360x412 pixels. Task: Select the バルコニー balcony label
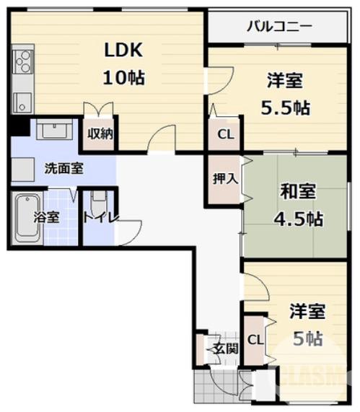click(x=279, y=27)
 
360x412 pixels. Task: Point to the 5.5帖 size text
click(x=285, y=108)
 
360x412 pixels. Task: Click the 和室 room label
click(x=297, y=192)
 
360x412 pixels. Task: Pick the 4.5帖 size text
click(x=298, y=218)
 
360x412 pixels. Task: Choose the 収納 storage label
click(x=100, y=134)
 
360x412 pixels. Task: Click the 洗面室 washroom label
click(x=63, y=170)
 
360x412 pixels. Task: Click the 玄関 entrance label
click(x=224, y=349)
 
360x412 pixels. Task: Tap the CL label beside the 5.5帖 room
click(x=225, y=134)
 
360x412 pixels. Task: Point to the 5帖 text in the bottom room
click(x=306, y=337)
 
